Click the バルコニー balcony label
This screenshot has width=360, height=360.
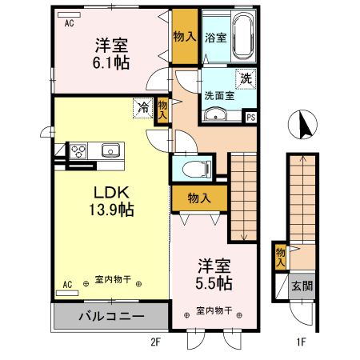click(110, 317)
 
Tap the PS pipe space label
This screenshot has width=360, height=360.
click(250, 116)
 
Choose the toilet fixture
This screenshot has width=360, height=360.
click(194, 168)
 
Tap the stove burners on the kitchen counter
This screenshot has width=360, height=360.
click(79, 150)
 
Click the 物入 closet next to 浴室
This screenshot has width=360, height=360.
click(183, 36)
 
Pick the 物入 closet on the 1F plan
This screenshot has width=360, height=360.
click(279, 256)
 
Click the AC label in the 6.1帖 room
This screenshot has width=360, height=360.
click(70, 23)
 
